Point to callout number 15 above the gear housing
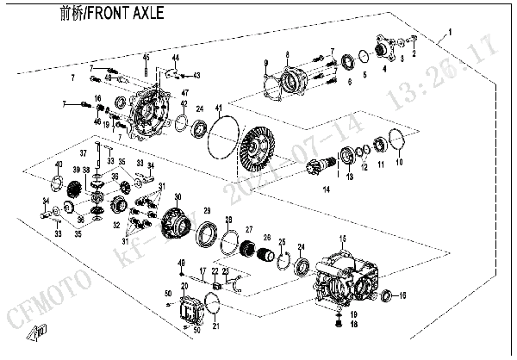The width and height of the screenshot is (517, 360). click(341, 238)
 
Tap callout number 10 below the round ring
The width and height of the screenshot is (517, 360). click(399, 161)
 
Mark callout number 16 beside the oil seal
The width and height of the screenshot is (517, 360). click(402, 295)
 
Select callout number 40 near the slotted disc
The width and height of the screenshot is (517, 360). click(59, 164)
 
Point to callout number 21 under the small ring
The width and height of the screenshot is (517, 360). click(215, 326)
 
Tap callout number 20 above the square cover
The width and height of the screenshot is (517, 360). click(183, 284)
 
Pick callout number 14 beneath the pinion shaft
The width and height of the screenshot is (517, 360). click(325, 189)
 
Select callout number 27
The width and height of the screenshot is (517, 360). click(249, 229)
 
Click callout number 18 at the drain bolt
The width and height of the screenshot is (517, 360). click(353, 324)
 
